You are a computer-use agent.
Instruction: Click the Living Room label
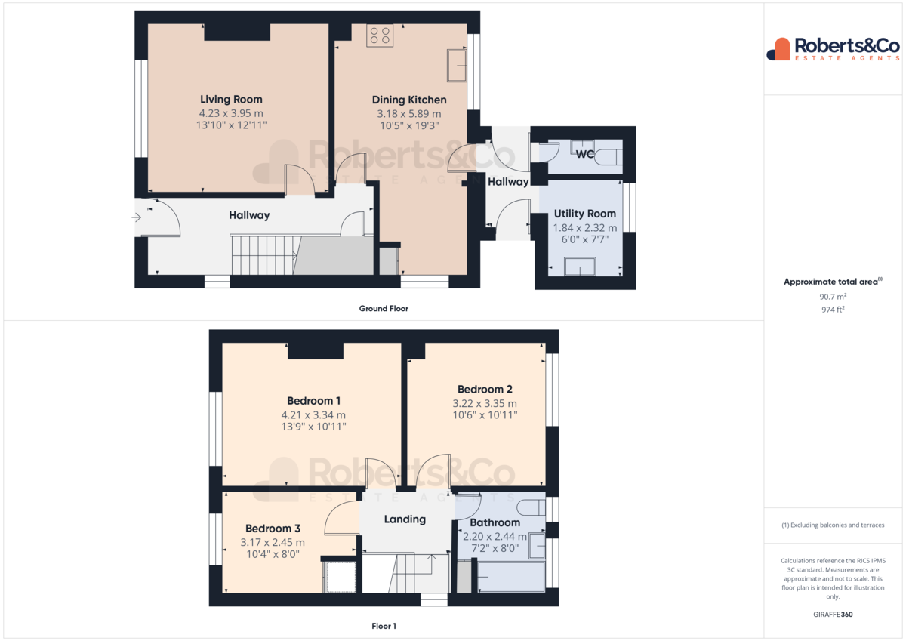[231, 100]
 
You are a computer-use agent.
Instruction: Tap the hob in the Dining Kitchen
[380, 35]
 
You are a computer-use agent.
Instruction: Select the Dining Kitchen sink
[457, 66]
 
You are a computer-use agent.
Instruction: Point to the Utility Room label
[585, 214]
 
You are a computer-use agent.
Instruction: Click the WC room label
[585, 154]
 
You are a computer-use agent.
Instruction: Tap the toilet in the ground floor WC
[609, 157]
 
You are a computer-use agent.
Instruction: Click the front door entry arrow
[137, 217]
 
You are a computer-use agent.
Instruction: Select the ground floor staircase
[265, 256]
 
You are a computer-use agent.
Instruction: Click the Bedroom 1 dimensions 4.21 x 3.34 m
[313, 415]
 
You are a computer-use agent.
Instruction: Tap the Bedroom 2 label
[485, 389]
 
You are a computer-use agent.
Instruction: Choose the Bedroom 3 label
[273, 529]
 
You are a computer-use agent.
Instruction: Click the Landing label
[405, 519]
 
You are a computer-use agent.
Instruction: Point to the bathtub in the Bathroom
[511, 577]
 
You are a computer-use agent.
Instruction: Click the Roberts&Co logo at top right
[834, 49]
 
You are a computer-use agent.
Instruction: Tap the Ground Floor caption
[384, 309]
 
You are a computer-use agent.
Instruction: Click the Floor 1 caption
[384, 626]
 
